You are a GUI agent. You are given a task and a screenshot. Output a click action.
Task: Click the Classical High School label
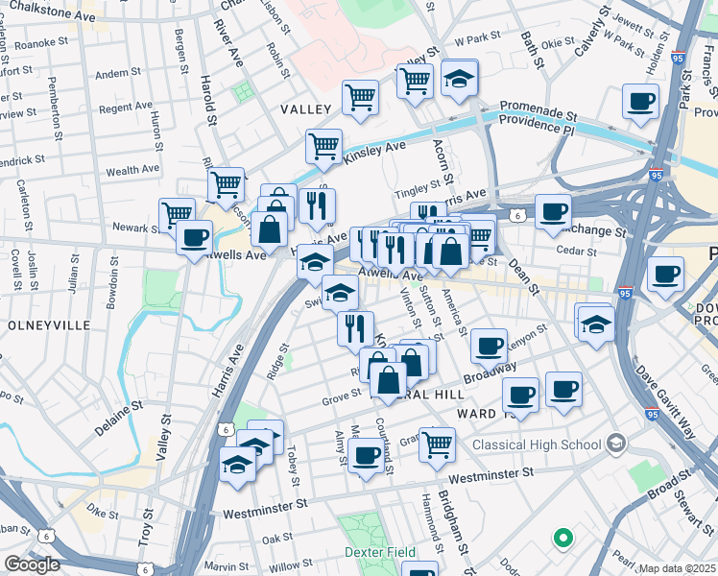[x=538, y=444]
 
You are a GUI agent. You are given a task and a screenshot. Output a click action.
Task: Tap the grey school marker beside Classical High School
[x=615, y=444]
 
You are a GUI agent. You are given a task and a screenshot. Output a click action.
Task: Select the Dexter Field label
[x=380, y=552]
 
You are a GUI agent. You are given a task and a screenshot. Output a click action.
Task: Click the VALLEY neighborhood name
[x=305, y=110]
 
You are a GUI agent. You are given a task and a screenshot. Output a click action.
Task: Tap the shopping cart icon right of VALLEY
[x=360, y=97]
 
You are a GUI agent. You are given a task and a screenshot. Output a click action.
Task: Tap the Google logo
[x=32, y=564]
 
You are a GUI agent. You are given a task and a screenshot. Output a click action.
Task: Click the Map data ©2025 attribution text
[x=677, y=568]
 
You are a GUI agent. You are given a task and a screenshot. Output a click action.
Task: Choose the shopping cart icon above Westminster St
[x=437, y=444]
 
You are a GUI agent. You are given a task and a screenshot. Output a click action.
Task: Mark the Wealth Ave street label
[x=132, y=170]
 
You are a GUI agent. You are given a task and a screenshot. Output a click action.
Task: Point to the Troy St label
[x=145, y=526]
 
